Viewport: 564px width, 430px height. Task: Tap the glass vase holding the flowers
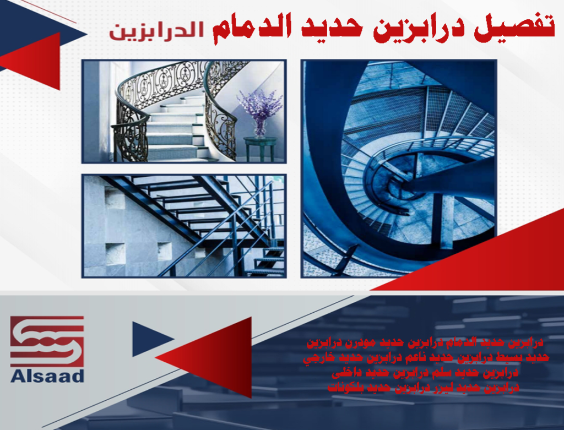(259, 128)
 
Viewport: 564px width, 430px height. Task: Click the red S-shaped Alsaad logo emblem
(47, 341)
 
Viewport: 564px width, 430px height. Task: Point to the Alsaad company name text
(47, 377)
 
